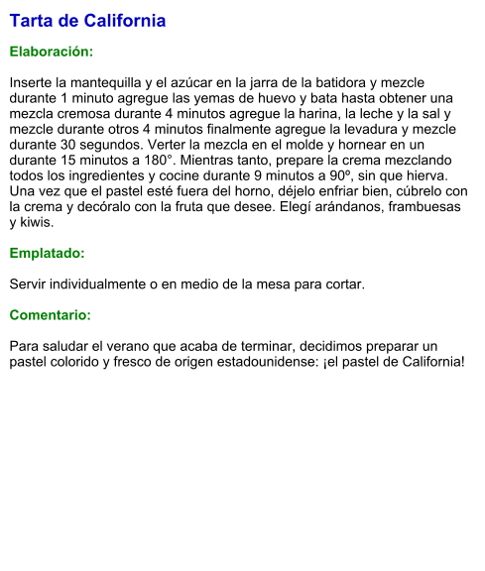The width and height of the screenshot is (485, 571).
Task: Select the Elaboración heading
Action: coord(51,51)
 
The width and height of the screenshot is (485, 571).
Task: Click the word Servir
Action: coord(30,285)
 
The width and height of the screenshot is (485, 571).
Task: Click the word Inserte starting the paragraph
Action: coord(34,81)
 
